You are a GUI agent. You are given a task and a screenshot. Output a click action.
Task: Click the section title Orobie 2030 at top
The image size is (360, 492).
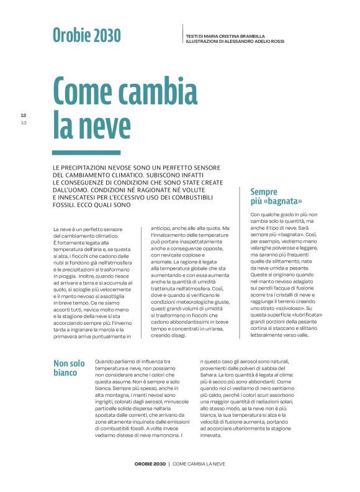(87, 36)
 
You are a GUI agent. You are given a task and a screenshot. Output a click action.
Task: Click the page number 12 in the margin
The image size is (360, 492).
(24, 115)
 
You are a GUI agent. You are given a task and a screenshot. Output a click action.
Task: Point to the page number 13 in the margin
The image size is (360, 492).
(24, 122)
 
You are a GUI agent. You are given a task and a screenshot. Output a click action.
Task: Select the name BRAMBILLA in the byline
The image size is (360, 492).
(250, 36)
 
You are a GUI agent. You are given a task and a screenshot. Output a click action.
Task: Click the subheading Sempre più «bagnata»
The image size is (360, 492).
(276, 196)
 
